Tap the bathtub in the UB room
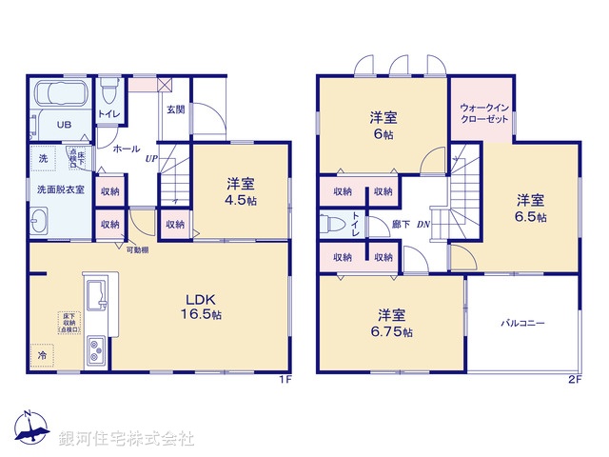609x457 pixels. click(62, 96)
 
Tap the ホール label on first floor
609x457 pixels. click(127, 149)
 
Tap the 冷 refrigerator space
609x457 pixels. click(42, 355)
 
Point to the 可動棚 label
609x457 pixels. click(137, 249)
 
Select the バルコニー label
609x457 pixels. click(523, 324)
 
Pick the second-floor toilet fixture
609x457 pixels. click(335, 224)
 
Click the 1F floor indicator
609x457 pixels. click(284, 380)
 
